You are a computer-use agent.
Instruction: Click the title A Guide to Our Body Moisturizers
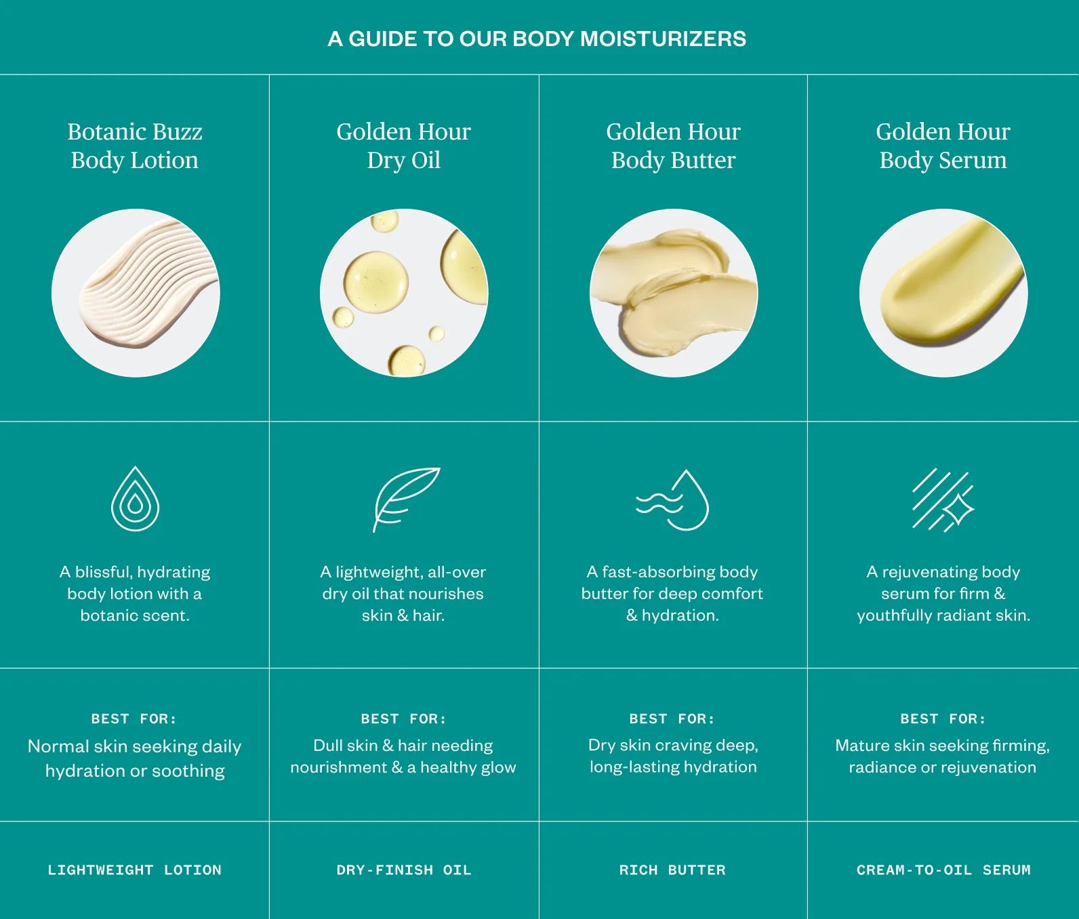[537, 39]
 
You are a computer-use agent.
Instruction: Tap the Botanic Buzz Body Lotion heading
[135, 146]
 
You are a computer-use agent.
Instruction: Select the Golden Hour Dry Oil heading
[403, 146]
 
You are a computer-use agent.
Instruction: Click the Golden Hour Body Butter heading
[673, 146]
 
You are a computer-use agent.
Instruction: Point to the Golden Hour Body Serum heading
[943, 146]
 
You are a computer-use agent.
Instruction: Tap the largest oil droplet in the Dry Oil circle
[375, 282]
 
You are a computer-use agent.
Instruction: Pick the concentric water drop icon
[135, 499]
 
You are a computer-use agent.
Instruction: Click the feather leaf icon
[405, 498]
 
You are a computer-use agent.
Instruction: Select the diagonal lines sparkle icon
[942, 500]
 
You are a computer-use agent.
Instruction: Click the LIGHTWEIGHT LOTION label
[134, 870]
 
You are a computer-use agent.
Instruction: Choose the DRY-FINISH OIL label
[403, 870]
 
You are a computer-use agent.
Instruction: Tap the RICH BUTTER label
[672, 870]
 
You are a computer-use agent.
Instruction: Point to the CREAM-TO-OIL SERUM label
[943, 870]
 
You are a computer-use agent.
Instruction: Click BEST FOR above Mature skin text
[943, 718]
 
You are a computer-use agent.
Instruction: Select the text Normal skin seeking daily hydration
[135, 758]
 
